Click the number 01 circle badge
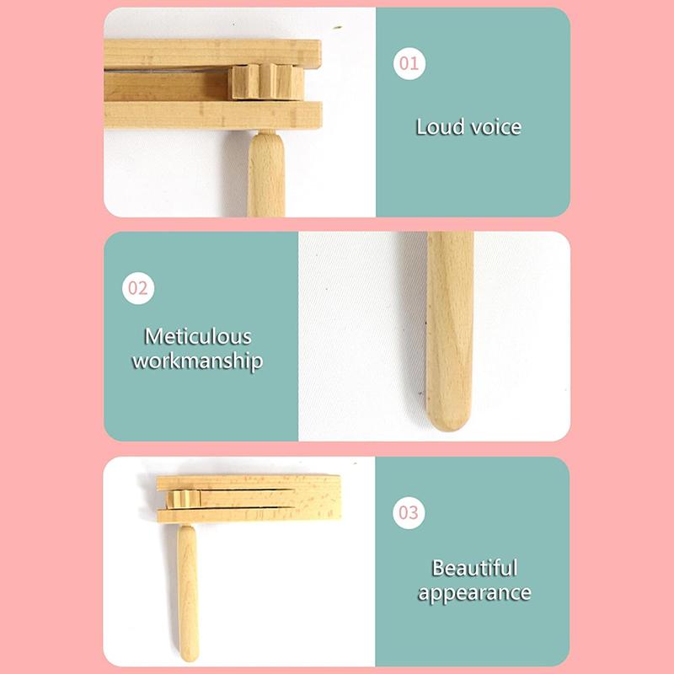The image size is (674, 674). pos(409,63)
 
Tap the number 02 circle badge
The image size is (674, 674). pos(139,288)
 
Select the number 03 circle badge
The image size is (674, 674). pos(409,512)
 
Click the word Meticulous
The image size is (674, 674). pos(198,336)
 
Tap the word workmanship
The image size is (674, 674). pos(198,361)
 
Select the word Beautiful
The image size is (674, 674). pos(474,568)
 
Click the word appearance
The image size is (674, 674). pos(474,593)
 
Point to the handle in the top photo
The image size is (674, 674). pos(265,173)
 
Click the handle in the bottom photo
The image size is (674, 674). pos(188,581)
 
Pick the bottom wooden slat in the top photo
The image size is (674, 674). pos(211,114)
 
